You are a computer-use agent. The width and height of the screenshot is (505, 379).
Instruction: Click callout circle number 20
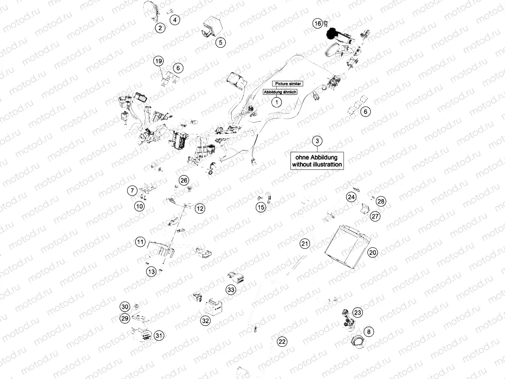point(372,253)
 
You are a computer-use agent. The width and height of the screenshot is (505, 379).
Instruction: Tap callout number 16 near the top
point(317,24)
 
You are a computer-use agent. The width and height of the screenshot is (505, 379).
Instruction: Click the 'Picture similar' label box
point(288,83)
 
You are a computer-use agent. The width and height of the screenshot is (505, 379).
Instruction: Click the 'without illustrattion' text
point(317,164)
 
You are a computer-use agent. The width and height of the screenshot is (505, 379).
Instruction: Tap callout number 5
point(221,43)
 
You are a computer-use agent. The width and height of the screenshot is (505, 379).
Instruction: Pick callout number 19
point(158,61)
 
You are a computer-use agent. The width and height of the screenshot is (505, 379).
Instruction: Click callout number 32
point(205,321)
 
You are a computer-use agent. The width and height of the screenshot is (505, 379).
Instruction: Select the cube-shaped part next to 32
point(216,306)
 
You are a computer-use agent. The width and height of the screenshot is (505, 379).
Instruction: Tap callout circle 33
point(231,290)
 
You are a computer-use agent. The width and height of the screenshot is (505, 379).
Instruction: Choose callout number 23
point(357,312)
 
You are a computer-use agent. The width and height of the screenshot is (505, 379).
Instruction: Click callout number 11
point(140,242)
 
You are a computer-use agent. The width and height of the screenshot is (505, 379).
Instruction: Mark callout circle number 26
point(183,180)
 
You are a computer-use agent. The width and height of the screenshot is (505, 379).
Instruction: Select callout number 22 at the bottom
point(282,342)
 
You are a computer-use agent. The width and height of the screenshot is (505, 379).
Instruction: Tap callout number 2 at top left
point(160,28)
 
